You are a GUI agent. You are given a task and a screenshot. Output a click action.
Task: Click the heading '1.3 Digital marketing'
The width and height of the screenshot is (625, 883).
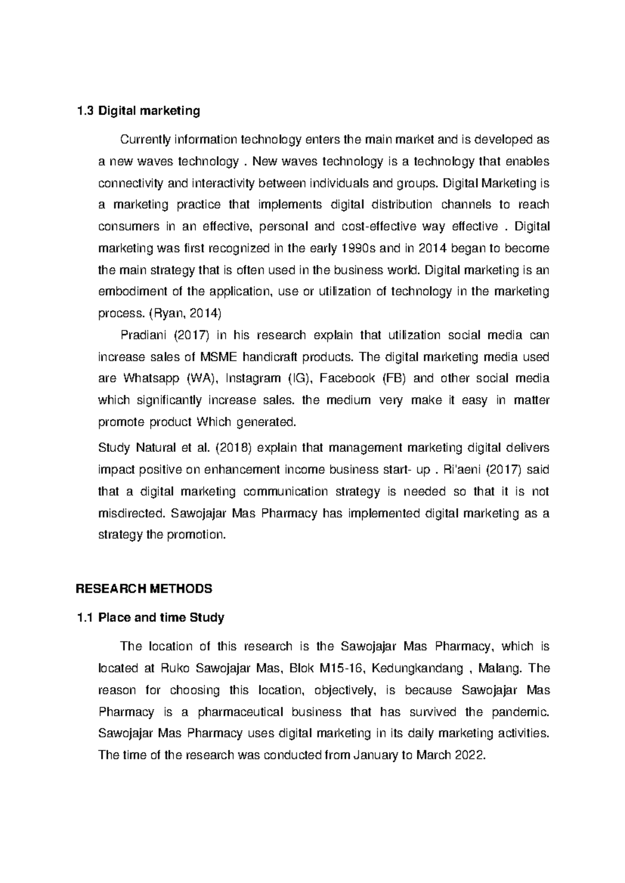[138, 111]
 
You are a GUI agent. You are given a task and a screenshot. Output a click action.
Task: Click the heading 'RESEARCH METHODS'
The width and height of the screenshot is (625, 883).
[144, 589]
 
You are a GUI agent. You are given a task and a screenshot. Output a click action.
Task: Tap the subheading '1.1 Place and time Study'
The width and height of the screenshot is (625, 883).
[150, 618]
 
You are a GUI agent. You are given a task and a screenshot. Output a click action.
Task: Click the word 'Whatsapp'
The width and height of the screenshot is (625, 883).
[151, 379]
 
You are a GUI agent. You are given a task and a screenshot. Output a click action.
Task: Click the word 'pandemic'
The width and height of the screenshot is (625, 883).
[520, 712]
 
